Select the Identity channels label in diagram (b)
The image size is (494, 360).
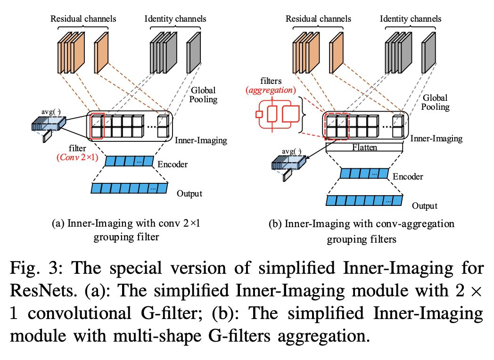[410, 19]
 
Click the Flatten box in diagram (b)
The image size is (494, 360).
[364, 147]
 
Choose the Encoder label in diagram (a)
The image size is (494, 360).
[173, 164]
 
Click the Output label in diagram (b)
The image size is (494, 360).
[424, 206]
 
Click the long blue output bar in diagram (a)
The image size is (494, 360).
[129, 188]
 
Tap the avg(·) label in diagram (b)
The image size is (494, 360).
[291, 151]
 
